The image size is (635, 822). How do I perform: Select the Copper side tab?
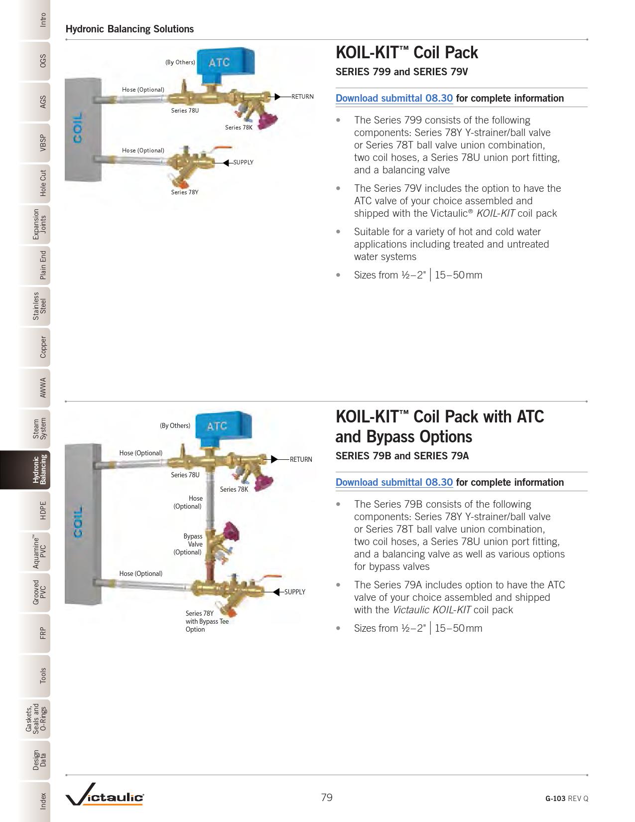(x=35, y=347)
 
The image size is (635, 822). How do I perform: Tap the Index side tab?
(x=35, y=801)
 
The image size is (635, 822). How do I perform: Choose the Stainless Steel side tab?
(x=35, y=306)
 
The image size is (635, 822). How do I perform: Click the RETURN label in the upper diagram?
(x=302, y=97)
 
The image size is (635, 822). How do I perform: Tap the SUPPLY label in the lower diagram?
(x=295, y=592)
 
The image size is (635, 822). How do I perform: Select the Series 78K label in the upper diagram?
(x=239, y=128)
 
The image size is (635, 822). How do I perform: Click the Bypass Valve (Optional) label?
(x=188, y=544)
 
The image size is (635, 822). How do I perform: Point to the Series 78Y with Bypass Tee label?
(x=207, y=621)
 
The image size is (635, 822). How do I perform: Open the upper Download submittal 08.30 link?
(x=394, y=98)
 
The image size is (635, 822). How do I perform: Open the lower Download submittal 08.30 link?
(x=394, y=482)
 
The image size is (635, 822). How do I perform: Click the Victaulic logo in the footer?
(x=105, y=795)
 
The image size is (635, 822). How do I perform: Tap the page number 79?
(x=327, y=798)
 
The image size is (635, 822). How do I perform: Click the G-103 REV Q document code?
(x=567, y=799)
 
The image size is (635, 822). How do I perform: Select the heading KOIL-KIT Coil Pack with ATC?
(x=440, y=416)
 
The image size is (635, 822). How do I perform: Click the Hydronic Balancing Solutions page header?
(x=129, y=29)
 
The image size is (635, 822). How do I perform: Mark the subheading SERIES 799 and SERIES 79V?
(x=401, y=72)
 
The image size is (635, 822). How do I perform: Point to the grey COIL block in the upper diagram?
(x=83, y=130)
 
